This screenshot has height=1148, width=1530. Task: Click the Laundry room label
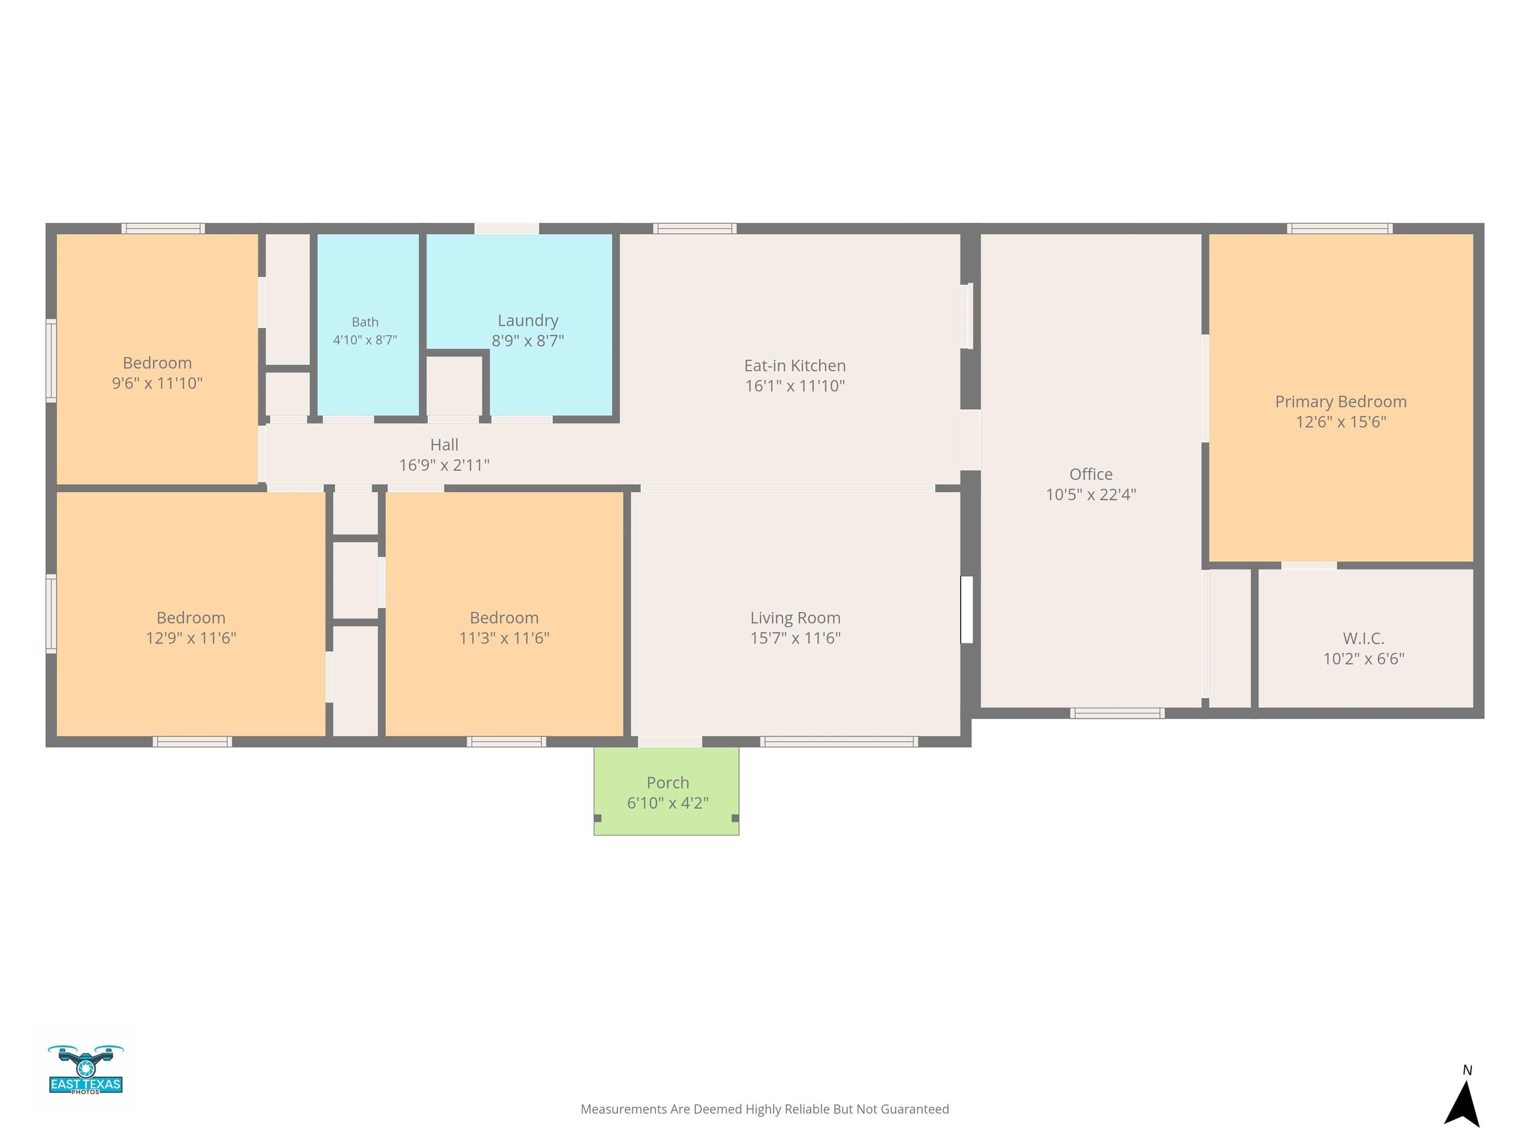point(528,320)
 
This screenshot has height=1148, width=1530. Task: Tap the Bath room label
point(365,322)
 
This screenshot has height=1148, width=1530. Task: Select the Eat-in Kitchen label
point(795,365)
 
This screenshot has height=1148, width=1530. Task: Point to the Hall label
point(444,445)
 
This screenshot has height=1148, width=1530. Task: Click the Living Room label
point(795,618)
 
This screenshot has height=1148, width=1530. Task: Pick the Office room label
point(1091,474)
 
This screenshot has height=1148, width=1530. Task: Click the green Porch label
point(667,783)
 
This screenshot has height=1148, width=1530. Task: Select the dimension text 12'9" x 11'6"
point(191,638)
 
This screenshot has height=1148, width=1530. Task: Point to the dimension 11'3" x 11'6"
point(504,638)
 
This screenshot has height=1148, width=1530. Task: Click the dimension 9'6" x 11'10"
point(157,383)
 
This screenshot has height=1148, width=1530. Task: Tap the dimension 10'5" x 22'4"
point(1091,495)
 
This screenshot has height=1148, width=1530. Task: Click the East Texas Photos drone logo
point(86,1069)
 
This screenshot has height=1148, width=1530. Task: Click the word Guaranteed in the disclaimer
point(914,1109)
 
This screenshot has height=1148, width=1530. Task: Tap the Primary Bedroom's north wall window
point(1340,228)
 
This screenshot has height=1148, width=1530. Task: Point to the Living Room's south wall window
point(839,742)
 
